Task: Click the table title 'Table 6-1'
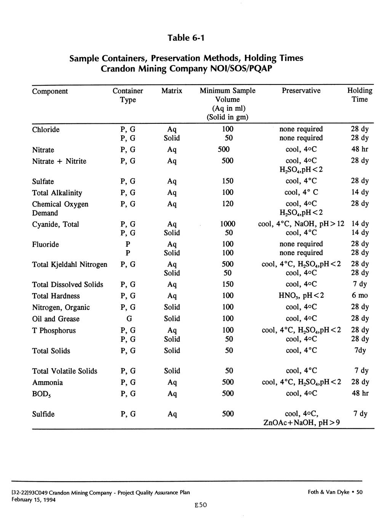click(x=186, y=38)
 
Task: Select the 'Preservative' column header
click(x=301, y=91)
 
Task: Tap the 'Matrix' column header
click(x=172, y=91)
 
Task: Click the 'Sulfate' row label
click(x=43, y=181)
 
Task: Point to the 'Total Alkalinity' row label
click(x=57, y=193)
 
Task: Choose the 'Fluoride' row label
click(x=45, y=244)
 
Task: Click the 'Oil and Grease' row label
click(x=56, y=319)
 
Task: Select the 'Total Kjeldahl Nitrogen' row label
click(x=70, y=264)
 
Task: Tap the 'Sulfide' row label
click(x=43, y=414)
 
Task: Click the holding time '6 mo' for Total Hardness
click(x=360, y=295)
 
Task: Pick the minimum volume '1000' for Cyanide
click(x=228, y=224)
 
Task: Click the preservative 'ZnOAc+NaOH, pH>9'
click(x=301, y=423)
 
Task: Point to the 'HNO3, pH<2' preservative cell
click(x=301, y=296)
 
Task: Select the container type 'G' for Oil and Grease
click(x=128, y=319)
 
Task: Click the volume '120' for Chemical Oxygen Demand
click(x=228, y=204)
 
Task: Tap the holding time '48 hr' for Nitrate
click(x=360, y=149)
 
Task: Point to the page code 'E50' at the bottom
click(x=200, y=505)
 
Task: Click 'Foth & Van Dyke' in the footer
click(x=328, y=492)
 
